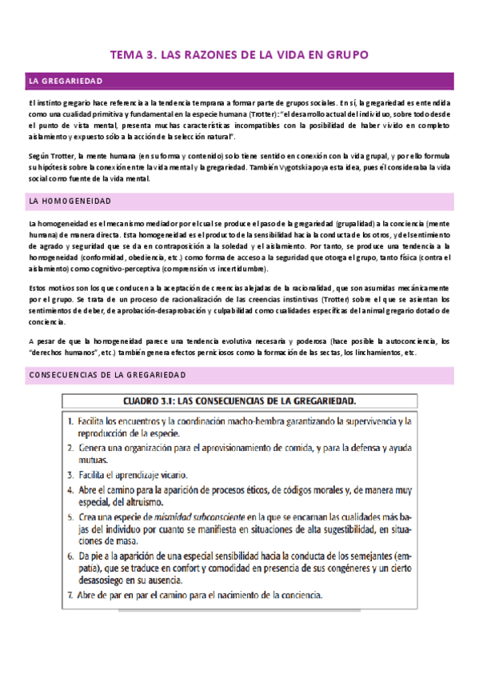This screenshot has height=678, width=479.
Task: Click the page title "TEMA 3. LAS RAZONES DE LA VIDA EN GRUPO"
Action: click(239, 55)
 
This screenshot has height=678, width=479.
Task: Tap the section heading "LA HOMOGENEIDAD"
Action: click(70, 201)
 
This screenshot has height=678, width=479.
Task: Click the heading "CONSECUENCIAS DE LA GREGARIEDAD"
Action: click(107, 374)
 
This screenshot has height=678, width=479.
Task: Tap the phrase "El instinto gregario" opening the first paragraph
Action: click(58, 102)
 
